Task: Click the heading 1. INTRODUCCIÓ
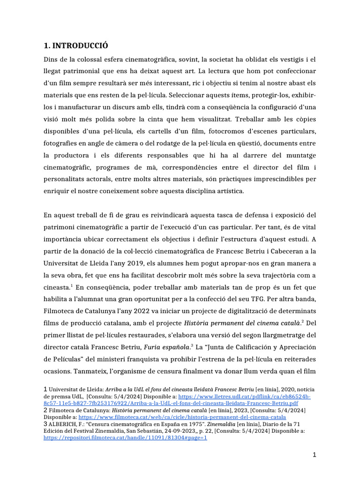(75, 45)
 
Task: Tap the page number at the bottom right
(315, 455)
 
